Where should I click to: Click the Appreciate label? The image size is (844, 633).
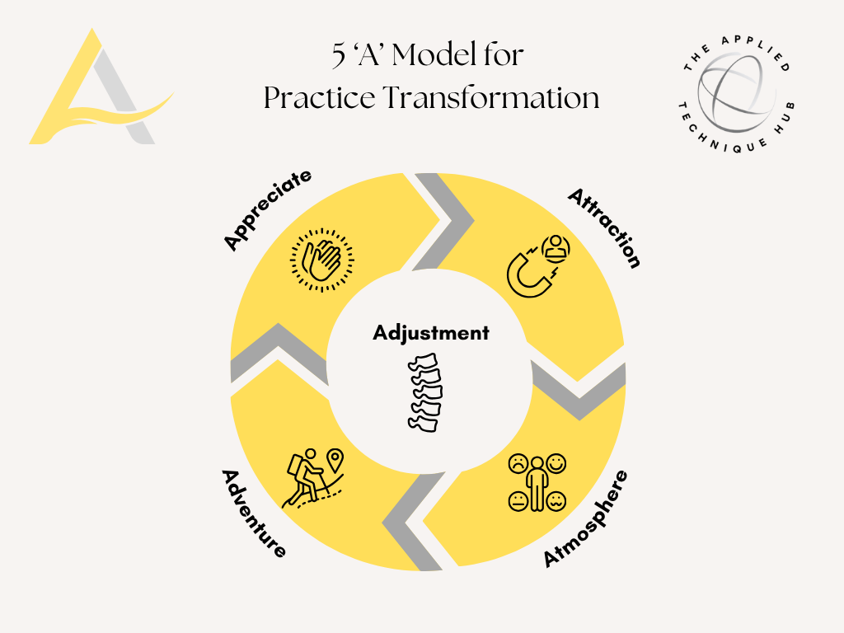pyautogui.click(x=268, y=209)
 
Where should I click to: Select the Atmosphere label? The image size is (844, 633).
pyautogui.click(x=585, y=518)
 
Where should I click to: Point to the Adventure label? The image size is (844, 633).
pyautogui.click(x=254, y=513)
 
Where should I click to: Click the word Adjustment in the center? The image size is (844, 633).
pyautogui.click(x=430, y=333)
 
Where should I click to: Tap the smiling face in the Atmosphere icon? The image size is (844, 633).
pyautogui.click(x=556, y=463)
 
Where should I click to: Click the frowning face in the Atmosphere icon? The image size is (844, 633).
pyautogui.click(x=518, y=463)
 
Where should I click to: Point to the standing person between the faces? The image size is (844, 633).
pyautogui.click(x=537, y=485)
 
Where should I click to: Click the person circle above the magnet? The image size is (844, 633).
pyautogui.click(x=558, y=246)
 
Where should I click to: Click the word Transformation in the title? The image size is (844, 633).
pyautogui.click(x=490, y=98)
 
